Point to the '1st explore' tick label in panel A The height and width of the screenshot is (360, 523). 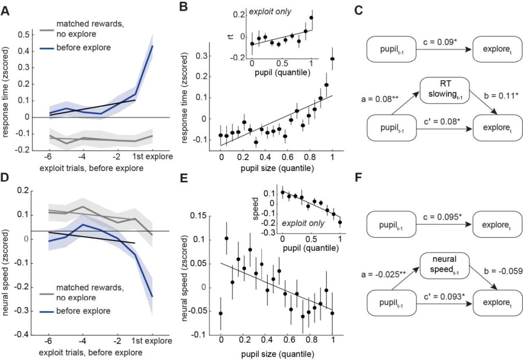tap(150, 158)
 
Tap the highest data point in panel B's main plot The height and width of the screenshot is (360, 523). tap(333, 59)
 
